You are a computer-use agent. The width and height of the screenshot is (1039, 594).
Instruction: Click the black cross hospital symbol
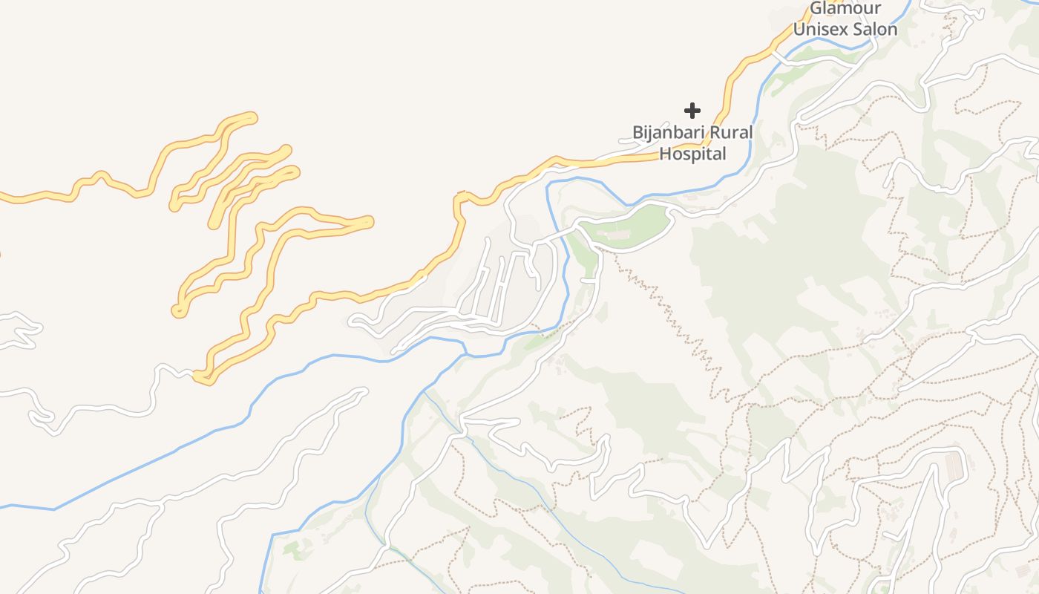pyautogui.click(x=692, y=111)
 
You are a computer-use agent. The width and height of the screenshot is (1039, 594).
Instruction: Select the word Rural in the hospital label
pyautogui.click(x=732, y=133)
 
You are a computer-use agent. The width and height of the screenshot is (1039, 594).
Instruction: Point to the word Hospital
pyautogui.click(x=692, y=154)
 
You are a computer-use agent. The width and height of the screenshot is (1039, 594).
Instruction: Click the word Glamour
pyautogui.click(x=845, y=9)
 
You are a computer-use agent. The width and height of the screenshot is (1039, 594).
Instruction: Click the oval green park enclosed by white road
pyautogui.click(x=627, y=226)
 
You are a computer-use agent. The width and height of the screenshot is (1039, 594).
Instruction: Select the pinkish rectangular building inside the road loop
pyautogui.click(x=954, y=465)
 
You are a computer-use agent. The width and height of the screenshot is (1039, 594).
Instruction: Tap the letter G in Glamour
pyautogui.click(x=816, y=9)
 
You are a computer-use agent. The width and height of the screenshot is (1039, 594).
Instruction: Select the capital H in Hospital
pyautogui.click(x=666, y=154)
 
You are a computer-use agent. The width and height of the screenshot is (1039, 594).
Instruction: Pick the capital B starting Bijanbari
pyautogui.click(x=637, y=133)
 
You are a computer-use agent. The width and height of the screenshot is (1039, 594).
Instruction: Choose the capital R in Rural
pyautogui.click(x=716, y=133)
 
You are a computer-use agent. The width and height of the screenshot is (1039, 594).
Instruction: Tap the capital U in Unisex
pyautogui.click(x=799, y=30)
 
